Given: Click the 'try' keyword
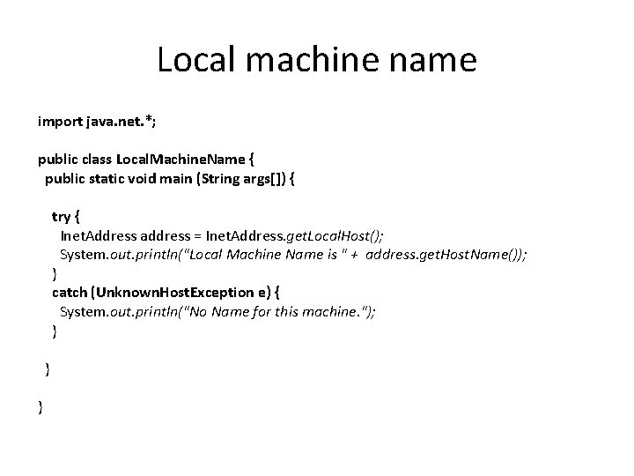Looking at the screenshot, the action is pyautogui.click(x=63, y=217).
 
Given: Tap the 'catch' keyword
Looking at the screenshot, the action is pyautogui.click(x=70, y=293).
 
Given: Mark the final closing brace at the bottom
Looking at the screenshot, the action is pyautogui.click(x=41, y=406).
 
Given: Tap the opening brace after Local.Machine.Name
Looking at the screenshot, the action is pyautogui.click(x=253, y=160).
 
